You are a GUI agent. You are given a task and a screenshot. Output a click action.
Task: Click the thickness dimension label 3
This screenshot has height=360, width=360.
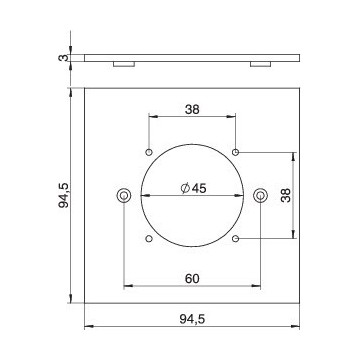(62, 58)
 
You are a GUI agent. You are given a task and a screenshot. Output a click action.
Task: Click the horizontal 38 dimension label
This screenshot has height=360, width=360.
(192, 109)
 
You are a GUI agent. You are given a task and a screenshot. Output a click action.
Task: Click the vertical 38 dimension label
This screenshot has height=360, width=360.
(286, 195)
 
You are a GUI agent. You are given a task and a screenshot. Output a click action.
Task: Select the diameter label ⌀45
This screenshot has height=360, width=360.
(194, 189)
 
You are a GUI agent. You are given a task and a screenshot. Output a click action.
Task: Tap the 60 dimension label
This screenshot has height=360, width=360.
(192, 279)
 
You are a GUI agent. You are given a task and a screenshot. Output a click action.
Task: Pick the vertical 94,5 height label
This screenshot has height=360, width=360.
(63, 195)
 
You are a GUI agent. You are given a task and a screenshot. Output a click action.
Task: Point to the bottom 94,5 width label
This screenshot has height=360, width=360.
(192, 319)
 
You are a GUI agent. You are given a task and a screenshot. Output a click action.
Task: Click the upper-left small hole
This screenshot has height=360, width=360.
(149, 152)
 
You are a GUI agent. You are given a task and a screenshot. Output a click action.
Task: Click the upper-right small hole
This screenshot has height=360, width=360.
(235, 152)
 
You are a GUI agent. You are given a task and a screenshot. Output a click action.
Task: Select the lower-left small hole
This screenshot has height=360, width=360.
(149, 239)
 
